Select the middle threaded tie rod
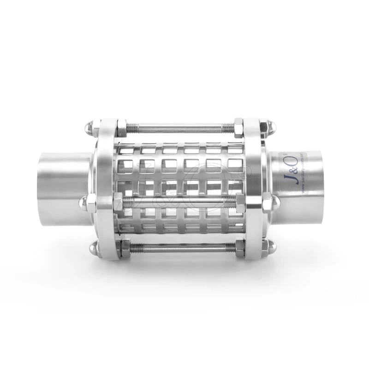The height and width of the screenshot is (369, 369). [x=180, y=202]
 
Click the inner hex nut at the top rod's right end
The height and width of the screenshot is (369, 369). [x=239, y=126]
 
